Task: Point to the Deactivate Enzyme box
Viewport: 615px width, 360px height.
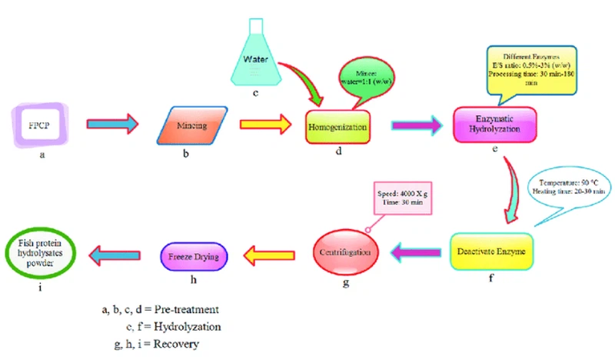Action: [x=490, y=252]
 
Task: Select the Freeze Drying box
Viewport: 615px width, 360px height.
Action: [x=193, y=252]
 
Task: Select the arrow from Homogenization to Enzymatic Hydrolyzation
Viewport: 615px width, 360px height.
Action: [x=417, y=123]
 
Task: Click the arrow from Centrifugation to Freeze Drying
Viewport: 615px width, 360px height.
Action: [x=263, y=251]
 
